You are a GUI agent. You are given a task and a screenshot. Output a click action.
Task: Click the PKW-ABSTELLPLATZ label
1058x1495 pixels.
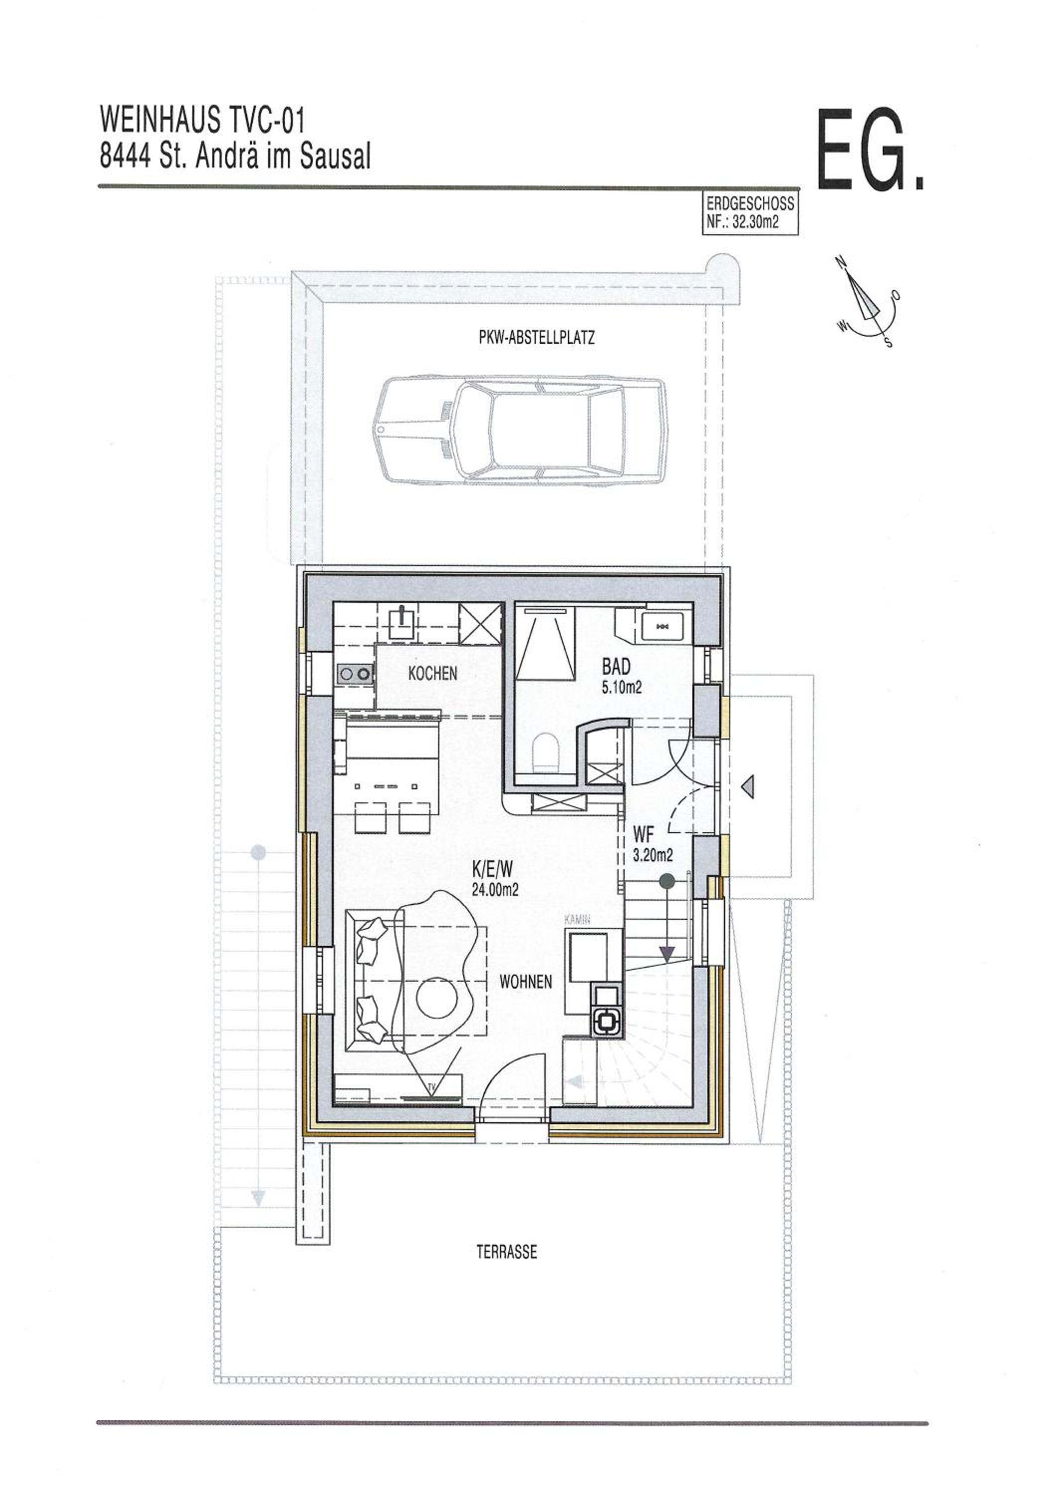[536, 337]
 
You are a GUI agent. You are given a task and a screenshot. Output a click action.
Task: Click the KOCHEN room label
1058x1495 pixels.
[432, 673]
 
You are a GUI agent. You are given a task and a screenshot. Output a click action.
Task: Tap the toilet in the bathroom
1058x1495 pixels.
[545, 752]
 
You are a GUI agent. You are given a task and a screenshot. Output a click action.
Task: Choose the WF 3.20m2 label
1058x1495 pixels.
[652, 845]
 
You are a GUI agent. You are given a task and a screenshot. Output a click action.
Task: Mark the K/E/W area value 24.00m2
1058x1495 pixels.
[495, 890]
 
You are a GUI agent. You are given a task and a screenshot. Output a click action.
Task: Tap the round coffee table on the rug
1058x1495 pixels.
[437, 998]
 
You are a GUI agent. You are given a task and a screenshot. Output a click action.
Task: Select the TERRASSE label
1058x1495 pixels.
[507, 1252]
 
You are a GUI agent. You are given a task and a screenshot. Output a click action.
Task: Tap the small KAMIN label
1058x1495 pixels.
[577, 921]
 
